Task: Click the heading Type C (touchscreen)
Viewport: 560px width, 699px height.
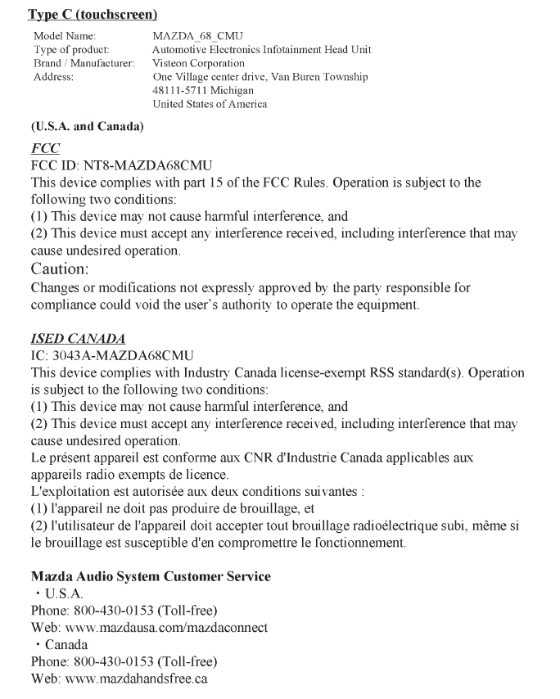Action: [93, 15]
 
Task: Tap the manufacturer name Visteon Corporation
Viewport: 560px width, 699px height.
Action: [198, 63]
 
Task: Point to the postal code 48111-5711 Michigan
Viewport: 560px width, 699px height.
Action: [203, 90]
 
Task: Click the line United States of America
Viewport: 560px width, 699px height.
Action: [210, 103]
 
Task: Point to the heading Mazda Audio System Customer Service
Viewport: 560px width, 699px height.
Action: [150, 576]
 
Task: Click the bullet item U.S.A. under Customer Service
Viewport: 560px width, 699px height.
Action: [63, 593]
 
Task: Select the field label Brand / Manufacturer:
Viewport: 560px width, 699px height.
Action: [83, 63]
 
